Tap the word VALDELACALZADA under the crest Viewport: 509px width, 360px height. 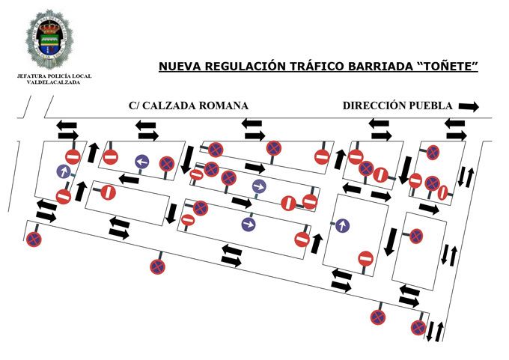pos(49,82)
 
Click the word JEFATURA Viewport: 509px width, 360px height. pos(32,76)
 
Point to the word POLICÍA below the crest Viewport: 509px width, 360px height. pos(58,76)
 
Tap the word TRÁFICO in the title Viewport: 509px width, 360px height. pos(314,67)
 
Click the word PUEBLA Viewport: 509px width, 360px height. pos(432,106)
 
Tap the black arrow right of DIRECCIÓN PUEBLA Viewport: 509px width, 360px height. pos(469,106)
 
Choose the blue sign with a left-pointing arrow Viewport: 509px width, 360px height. pos(142,162)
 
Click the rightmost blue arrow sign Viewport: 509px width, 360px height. pos(342,225)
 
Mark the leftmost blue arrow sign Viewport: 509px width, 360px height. pos(64,171)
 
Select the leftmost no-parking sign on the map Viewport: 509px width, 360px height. pos(34,240)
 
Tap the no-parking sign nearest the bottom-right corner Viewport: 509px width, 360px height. pos(418,327)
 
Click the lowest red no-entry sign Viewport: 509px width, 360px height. pos(365,258)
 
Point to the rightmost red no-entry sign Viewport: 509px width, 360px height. pos(442,192)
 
